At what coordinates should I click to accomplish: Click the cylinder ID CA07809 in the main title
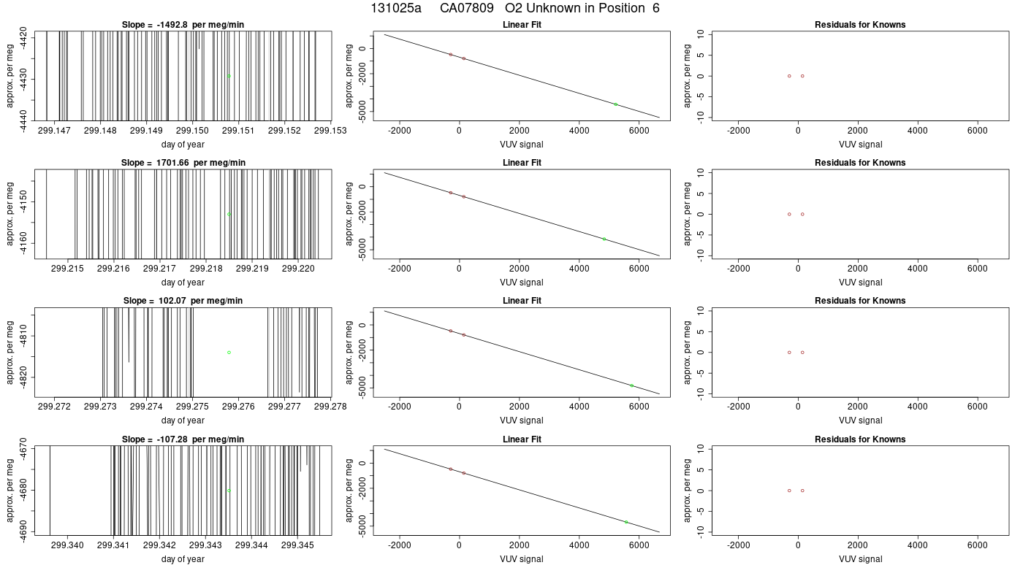pos(466,8)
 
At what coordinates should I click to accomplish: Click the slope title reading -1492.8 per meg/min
pos(183,25)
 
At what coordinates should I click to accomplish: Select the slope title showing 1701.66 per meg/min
pos(183,162)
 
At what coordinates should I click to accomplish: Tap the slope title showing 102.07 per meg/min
pos(183,301)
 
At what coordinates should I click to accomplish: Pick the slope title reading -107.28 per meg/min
pos(183,439)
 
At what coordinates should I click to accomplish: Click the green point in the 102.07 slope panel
pos(229,352)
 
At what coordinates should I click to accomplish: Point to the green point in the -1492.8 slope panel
pos(229,76)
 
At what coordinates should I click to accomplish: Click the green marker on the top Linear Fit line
pos(615,104)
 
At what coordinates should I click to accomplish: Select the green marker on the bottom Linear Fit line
pos(626,522)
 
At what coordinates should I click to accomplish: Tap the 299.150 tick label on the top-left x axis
pos(192,131)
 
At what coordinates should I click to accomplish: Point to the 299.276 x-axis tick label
pos(238,407)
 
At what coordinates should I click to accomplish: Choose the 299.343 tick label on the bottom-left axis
pos(205,545)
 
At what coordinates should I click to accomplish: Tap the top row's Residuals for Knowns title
pos(860,25)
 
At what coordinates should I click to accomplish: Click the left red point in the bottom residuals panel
pos(789,491)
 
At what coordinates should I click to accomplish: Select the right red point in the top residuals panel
pos(802,76)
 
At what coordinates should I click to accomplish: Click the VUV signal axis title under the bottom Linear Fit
pos(522,559)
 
